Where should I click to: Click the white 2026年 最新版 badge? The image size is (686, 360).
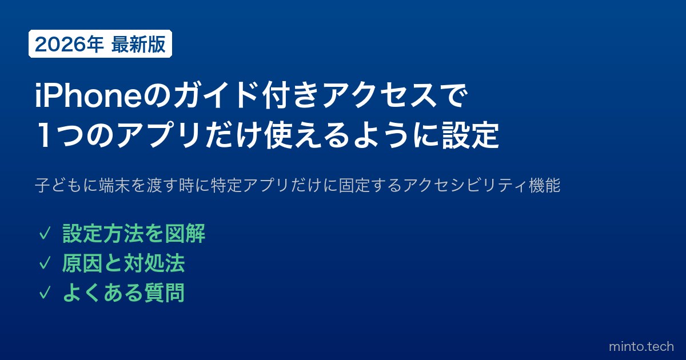[x=100, y=44]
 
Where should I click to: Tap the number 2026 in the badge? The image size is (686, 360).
[x=60, y=45]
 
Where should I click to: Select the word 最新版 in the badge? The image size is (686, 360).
[x=138, y=45]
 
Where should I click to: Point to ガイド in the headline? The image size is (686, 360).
[x=216, y=95]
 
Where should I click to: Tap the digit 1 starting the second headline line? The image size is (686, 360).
[x=44, y=135]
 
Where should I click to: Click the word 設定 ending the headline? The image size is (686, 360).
[x=470, y=135]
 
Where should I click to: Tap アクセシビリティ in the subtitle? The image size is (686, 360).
[x=465, y=185]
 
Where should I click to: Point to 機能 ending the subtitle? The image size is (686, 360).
[x=545, y=185]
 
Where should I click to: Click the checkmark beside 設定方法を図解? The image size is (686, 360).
[x=45, y=234]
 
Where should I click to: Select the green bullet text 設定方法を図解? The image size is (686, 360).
[x=134, y=234]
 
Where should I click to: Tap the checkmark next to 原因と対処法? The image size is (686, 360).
[x=45, y=263]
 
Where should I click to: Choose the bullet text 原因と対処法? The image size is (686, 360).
[x=123, y=263]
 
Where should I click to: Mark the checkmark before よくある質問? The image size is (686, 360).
[x=45, y=293]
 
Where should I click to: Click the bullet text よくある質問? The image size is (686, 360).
[x=123, y=293]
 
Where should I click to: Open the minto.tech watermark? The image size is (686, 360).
[x=641, y=346]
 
